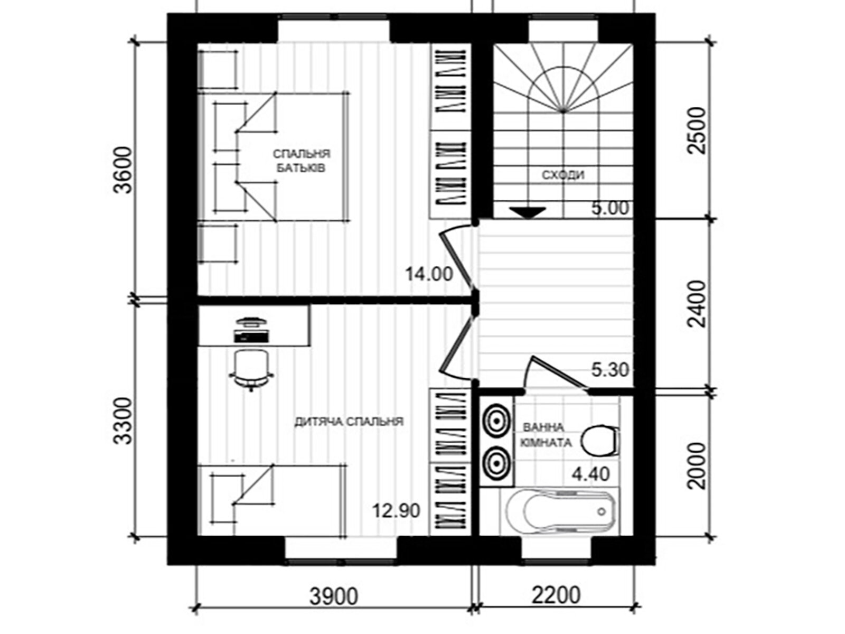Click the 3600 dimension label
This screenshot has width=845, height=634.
click(x=124, y=170)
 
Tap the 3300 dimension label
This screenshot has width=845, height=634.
click(x=124, y=421)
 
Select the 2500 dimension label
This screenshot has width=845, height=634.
click(x=697, y=131)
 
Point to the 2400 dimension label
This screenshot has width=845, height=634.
click(x=697, y=304)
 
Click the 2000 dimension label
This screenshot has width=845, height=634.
click(x=697, y=466)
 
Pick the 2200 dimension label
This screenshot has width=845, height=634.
click(x=556, y=595)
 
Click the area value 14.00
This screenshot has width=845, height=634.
click(x=429, y=274)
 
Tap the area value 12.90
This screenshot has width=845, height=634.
click(x=396, y=511)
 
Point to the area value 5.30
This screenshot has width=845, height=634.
click(x=610, y=370)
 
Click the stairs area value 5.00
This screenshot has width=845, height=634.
click(x=610, y=208)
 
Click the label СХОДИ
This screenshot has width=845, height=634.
click(x=563, y=175)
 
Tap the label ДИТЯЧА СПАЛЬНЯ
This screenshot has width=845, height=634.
click(x=349, y=422)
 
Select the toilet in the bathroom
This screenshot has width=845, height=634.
click(x=600, y=441)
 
